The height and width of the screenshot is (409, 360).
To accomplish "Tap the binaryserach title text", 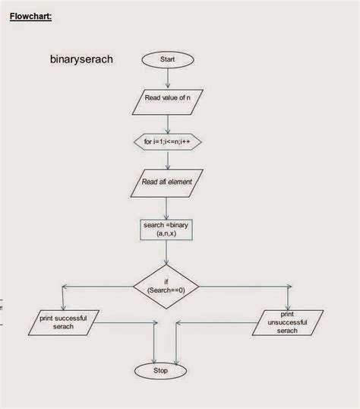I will click(x=81, y=59).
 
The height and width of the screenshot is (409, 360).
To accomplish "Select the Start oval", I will click(x=167, y=59).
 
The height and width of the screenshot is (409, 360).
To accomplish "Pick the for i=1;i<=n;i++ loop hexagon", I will click(x=167, y=141).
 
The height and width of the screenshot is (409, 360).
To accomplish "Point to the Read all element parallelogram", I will click(x=167, y=182).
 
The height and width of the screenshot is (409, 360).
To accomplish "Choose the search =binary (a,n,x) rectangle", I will click(x=167, y=230).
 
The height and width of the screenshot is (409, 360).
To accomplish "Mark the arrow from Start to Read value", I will click(x=167, y=78).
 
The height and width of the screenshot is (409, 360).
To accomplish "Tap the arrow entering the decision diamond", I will click(x=167, y=255).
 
